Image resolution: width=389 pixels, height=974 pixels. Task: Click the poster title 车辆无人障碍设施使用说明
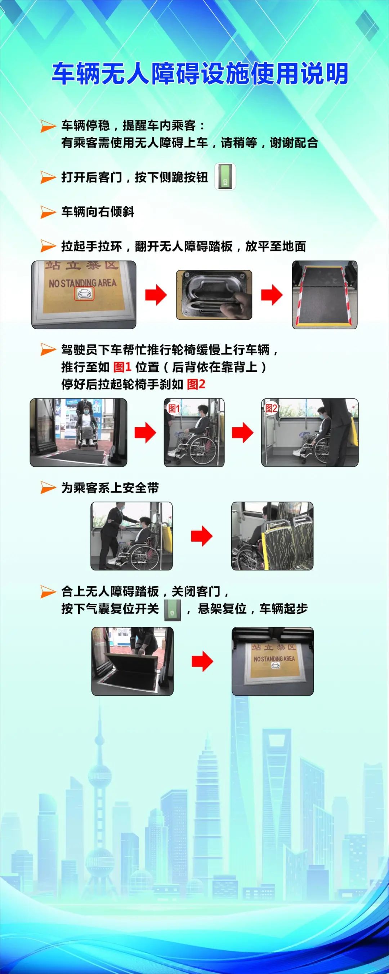click(x=200, y=73)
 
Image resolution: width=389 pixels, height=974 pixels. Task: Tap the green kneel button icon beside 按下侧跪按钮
click(x=225, y=177)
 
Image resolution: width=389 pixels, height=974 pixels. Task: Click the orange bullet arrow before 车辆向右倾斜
click(x=48, y=212)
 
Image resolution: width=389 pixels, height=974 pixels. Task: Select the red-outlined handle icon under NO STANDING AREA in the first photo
click(x=84, y=293)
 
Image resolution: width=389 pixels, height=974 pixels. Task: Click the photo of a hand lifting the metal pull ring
click(x=214, y=295)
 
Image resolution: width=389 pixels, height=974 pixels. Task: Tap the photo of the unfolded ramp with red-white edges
click(x=325, y=295)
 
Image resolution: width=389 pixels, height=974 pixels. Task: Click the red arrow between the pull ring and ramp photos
click(x=272, y=295)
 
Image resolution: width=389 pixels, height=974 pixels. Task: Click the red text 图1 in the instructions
click(x=122, y=367)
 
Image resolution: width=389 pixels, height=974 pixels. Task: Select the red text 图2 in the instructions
click(x=196, y=384)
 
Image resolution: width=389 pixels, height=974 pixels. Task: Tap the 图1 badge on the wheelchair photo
click(x=173, y=408)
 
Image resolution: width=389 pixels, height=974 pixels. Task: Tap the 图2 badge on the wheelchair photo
click(x=271, y=408)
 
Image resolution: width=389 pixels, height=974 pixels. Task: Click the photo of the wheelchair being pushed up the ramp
click(x=79, y=432)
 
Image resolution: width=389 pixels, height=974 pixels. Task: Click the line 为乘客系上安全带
click(x=110, y=488)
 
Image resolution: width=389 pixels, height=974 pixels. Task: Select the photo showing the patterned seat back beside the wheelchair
click(x=272, y=536)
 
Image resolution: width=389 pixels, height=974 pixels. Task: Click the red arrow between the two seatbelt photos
click(x=202, y=536)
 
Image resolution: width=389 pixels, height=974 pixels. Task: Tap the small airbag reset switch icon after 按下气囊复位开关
click(x=173, y=610)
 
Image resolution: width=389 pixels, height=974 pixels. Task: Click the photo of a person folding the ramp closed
click(x=132, y=661)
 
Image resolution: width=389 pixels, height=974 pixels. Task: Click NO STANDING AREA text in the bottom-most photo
click(x=274, y=659)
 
